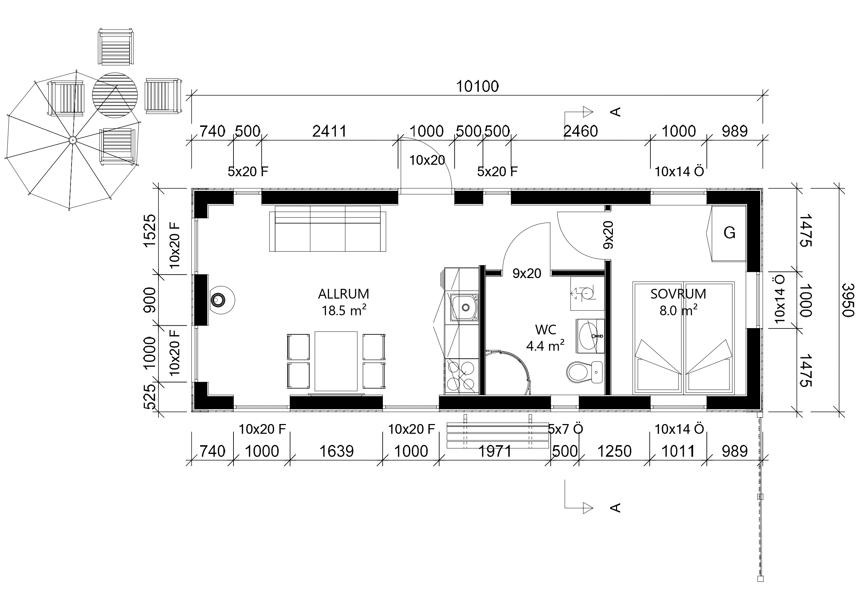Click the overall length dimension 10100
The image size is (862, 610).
[x=477, y=87]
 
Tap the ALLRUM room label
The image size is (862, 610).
[x=344, y=294]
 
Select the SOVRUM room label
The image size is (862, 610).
[x=678, y=294]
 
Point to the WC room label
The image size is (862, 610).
[x=545, y=330]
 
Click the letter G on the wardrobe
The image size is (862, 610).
[x=729, y=233]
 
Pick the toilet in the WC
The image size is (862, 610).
[x=584, y=372]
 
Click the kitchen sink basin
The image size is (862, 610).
[x=465, y=307]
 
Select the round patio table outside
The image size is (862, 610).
[x=115, y=95]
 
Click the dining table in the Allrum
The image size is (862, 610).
[x=336, y=361]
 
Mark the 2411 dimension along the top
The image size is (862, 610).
[x=329, y=131]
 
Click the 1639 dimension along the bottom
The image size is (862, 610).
[x=336, y=451]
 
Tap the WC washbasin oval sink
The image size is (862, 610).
[x=590, y=336]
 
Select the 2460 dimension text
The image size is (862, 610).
[x=581, y=131]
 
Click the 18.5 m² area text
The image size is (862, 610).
[x=344, y=310]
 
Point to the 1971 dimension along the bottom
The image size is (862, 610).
[x=495, y=451]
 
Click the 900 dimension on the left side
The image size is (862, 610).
[x=150, y=300]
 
